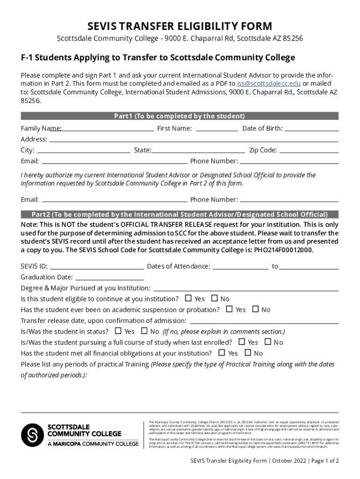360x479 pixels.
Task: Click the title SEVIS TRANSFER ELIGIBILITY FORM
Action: click(x=180, y=26)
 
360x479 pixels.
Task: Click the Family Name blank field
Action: click(x=108, y=129)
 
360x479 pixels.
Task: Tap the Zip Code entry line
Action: click(x=309, y=151)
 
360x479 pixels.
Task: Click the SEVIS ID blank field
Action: click(x=97, y=267)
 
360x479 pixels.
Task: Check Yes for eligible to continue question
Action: click(x=188, y=298)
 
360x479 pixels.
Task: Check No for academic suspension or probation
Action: click(x=255, y=309)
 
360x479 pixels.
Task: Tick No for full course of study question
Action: click(x=268, y=342)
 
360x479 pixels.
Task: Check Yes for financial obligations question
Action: click(x=222, y=353)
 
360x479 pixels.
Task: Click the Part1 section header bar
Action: click(x=180, y=116)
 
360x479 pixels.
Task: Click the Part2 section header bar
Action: click(x=180, y=214)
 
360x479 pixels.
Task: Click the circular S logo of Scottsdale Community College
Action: click(x=32, y=435)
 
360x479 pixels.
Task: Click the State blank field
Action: click(x=198, y=151)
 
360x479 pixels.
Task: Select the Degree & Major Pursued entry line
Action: click(x=245, y=289)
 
